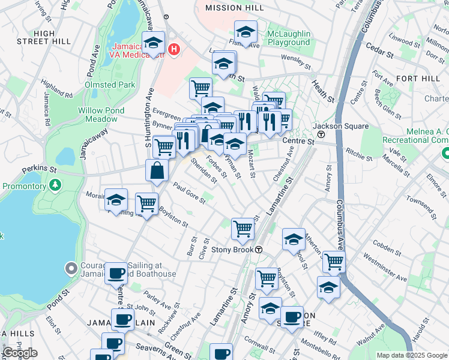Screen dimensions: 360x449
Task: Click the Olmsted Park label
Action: coord(110,85)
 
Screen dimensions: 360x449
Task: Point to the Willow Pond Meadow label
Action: coord(101,115)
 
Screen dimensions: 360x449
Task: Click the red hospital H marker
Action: coord(174,48)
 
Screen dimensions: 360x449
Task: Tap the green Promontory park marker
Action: coord(56,184)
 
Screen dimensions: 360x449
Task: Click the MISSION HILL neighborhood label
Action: coord(234,8)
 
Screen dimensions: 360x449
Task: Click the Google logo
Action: coord(20,353)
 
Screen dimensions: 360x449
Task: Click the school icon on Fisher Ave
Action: coord(246,32)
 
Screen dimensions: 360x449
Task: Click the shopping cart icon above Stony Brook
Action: coord(243,228)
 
